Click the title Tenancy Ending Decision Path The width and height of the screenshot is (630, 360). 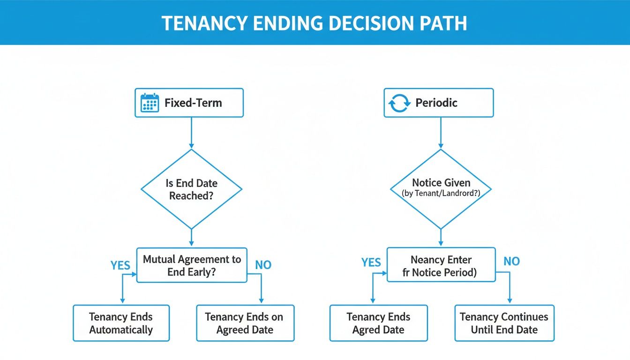tap(315, 23)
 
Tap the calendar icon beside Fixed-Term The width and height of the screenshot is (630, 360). tap(150, 103)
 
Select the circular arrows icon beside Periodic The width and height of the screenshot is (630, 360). tap(400, 103)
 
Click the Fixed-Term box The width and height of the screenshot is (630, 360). tap(189, 103)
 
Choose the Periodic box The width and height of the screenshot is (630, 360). tap(438, 103)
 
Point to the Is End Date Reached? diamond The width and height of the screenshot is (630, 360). tap(191, 189)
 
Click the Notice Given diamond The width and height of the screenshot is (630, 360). tap(441, 189)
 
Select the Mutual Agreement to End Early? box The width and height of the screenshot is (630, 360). tap(191, 265)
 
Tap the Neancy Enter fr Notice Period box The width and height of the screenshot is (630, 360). tap(441, 265)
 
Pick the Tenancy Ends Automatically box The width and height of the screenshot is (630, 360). tap(121, 323)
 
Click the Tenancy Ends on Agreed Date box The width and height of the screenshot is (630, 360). tap(245, 323)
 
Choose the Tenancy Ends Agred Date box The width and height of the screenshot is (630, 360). tap(378, 323)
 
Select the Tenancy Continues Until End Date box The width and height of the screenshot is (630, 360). tap(504, 323)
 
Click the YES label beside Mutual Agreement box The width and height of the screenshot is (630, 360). tap(120, 265)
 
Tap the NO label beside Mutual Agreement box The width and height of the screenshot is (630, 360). tap(263, 265)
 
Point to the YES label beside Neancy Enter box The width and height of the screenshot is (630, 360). tap(371, 262)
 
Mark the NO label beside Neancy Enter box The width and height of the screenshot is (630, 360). tap(511, 261)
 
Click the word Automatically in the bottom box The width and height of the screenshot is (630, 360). tap(121, 330)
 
